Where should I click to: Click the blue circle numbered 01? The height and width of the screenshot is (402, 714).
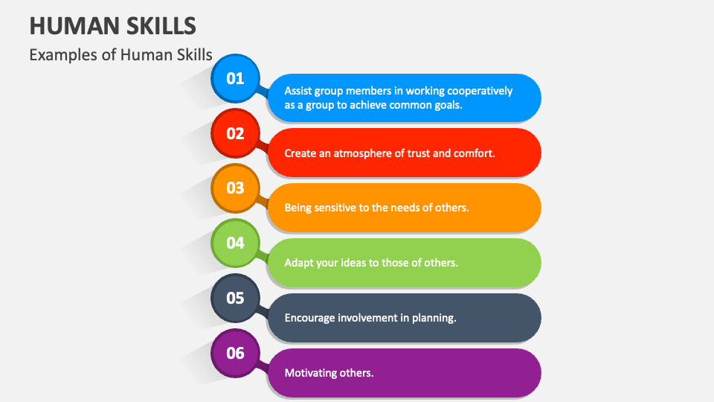tap(235, 78)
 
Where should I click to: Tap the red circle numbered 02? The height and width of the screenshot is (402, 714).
tap(235, 133)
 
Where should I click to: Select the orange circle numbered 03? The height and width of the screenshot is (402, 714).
tap(235, 188)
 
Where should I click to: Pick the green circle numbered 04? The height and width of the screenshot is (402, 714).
tap(235, 243)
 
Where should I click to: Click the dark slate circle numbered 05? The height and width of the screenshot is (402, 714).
tap(235, 298)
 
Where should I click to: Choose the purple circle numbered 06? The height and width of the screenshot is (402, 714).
tap(235, 353)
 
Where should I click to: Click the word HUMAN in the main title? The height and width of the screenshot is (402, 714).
tap(74, 26)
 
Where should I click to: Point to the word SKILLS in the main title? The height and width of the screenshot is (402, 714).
tap(161, 26)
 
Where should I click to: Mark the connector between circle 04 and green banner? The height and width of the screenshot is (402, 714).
tap(263, 257)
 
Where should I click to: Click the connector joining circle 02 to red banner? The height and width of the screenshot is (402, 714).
tap(263, 147)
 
